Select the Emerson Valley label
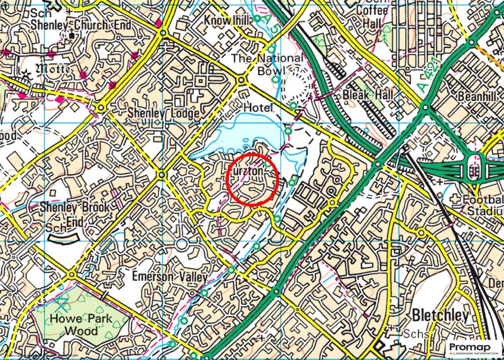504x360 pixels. point(170,277)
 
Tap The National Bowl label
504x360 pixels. point(267,64)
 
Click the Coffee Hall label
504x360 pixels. point(365,17)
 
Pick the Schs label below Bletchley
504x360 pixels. point(414,333)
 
